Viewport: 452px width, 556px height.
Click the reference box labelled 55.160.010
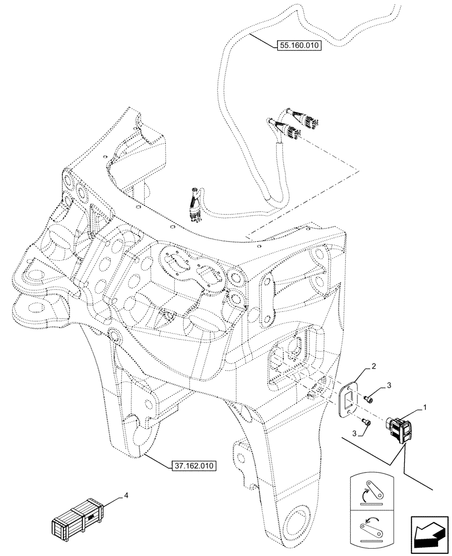click(298, 46)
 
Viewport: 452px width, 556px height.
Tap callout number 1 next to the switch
click(425, 408)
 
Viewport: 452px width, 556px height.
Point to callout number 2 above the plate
click(373, 367)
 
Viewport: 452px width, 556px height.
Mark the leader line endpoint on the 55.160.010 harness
click(250, 34)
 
